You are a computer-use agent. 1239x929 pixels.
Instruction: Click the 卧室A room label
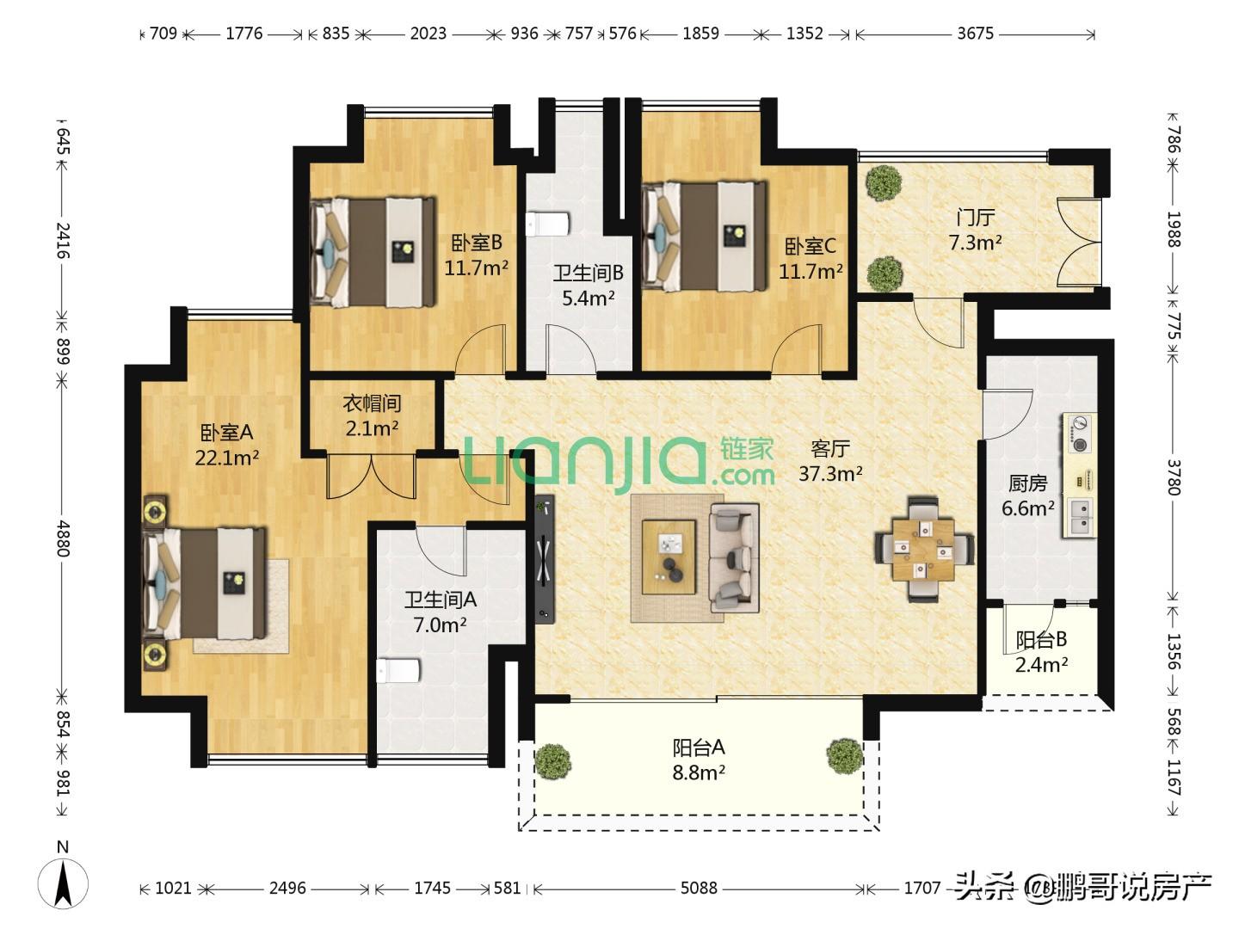tap(226, 433)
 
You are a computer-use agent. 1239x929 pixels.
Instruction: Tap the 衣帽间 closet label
tap(372, 403)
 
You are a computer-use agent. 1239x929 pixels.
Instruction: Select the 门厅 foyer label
tap(976, 218)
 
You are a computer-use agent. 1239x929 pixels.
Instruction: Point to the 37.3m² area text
tap(830, 474)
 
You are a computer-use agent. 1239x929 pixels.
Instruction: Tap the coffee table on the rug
tap(669, 557)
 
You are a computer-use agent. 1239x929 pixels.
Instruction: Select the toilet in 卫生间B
tap(548, 224)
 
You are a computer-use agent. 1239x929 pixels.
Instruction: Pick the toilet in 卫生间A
tap(398, 671)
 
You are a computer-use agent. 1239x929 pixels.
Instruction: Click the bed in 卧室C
tap(705, 237)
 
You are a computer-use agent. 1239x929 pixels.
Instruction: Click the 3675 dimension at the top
tap(976, 34)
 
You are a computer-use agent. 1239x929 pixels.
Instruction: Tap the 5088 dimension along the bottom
tap(699, 889)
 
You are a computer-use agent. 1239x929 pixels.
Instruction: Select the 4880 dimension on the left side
tap(63, 538)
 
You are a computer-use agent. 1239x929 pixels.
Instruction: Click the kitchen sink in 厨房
tap(1080, 518)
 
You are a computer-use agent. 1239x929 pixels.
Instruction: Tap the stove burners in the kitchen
tap(1079, 434)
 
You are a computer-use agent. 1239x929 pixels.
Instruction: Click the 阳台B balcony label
tap(1041, 640)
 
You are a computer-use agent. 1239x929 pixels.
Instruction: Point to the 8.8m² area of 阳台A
tap(699, 772)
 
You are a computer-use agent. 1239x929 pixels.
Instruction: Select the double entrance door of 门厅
tap(1079, 241)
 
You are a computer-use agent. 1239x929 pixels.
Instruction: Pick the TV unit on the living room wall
tap(544, 559)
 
